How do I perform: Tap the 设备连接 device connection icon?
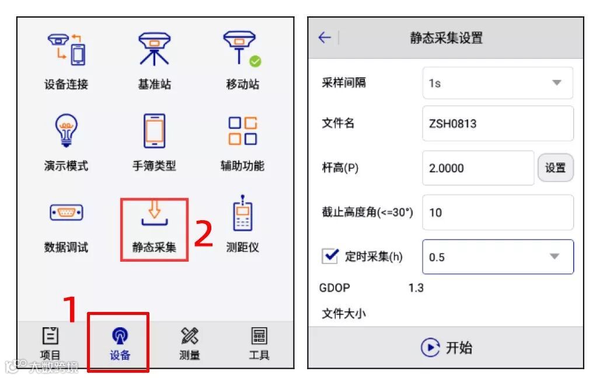pos(67,49)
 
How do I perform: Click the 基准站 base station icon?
pos(154,49)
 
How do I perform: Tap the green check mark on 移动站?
pos(255,61)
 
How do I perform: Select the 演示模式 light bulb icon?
pos(67,130)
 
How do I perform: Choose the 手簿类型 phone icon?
pos(154,131)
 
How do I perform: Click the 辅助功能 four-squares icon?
pos(243,131)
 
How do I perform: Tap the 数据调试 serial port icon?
pos(67,212)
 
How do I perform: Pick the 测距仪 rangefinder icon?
pos(243,213)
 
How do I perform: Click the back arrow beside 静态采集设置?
pos(325,37)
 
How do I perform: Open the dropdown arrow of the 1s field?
pos(556,82)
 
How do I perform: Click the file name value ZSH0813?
pos(452,123)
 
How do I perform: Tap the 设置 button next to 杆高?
pos(555,168)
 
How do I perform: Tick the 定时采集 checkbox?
pos(330,256)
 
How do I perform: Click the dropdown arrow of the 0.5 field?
pos(554,256)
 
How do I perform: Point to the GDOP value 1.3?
pos(416,288)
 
